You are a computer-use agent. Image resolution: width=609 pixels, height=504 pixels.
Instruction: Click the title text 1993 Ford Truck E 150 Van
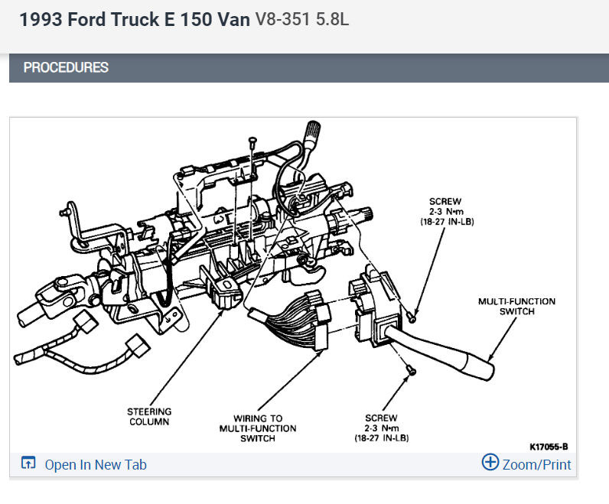135,20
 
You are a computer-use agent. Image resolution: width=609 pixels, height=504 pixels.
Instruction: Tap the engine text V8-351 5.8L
301,20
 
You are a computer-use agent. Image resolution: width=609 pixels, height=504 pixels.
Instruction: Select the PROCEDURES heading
66,67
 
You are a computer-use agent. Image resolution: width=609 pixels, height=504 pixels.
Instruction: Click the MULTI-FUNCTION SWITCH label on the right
516,306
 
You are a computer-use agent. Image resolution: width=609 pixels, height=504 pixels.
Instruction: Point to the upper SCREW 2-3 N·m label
445,211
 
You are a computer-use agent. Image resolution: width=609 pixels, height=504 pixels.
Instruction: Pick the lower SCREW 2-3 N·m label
380,428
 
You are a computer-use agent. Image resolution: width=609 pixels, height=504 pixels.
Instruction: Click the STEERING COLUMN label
149,417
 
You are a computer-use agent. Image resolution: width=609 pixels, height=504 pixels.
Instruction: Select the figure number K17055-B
549,446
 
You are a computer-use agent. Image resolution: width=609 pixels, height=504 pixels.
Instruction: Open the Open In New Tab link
96,464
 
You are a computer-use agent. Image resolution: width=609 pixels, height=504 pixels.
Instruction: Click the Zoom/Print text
536,463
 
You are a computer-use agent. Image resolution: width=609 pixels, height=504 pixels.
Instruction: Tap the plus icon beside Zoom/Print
490,463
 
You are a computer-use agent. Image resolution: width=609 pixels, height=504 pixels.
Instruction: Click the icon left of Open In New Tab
28,463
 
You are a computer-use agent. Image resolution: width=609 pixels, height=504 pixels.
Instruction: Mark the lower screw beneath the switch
409,370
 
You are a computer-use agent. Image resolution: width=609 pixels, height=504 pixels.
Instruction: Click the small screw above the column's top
252,141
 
